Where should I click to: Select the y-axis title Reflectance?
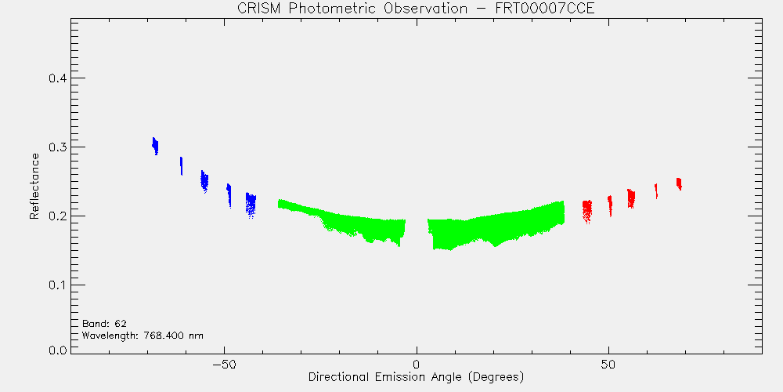(34, 186)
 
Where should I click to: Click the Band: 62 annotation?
(104, 324)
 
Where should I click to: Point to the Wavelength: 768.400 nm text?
(143, 336)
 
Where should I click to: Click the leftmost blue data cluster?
(155, 146)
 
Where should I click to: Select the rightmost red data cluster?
(679, 184)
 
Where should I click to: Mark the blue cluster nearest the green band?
(251, 205)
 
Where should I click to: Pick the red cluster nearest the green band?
(587, 212)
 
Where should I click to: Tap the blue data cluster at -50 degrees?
(229, 195)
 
